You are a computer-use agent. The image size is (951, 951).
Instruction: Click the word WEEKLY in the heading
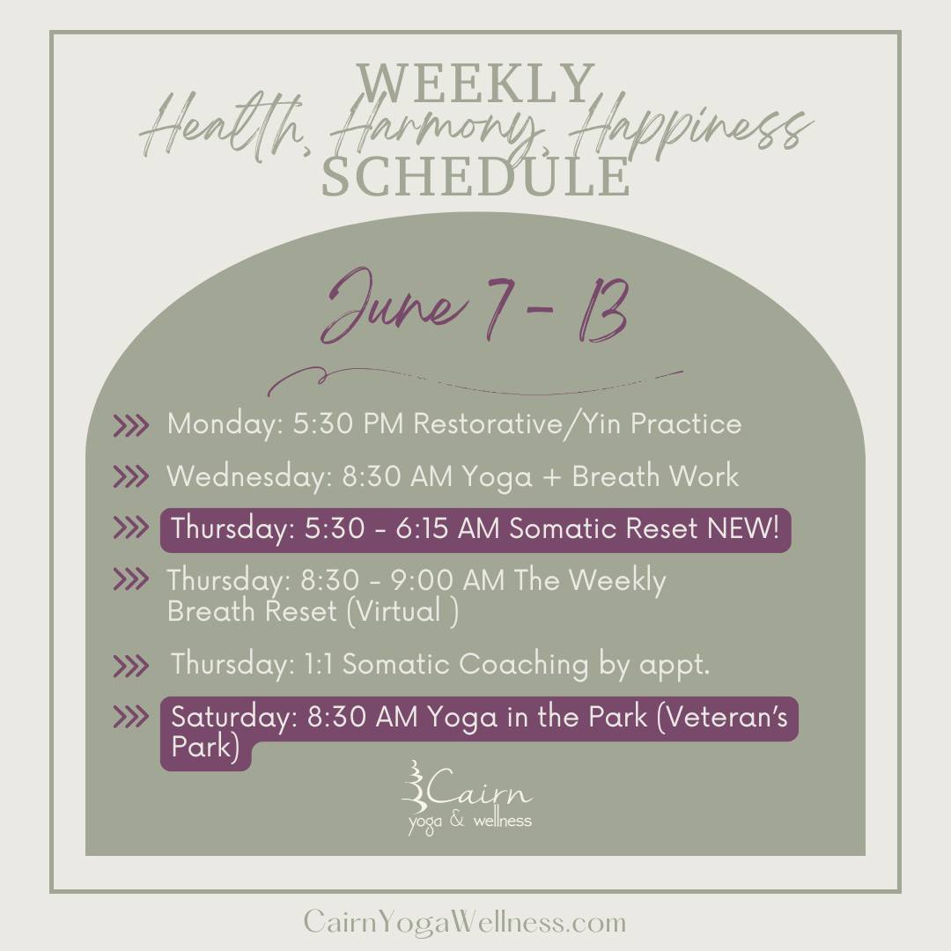(x=475, y=83)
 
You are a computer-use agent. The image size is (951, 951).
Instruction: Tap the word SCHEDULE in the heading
(x=475, y=176)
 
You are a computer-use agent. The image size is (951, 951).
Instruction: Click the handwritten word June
(x=394, y=306)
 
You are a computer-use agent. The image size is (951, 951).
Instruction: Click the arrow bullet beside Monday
(x=130, y=425)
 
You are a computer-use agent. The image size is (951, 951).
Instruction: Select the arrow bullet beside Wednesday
(x=130, y=476)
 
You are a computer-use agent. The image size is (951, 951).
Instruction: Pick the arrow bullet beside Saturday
(x=130, y=717)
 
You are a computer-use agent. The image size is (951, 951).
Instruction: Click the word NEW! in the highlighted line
(x=743, y=528)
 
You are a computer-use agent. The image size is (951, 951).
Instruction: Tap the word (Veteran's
(x=722, y=717)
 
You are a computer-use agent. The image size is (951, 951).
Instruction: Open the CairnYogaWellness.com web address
(x=465, y=923)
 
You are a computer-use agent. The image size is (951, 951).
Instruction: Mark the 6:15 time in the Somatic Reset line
(x=423, y=528)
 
